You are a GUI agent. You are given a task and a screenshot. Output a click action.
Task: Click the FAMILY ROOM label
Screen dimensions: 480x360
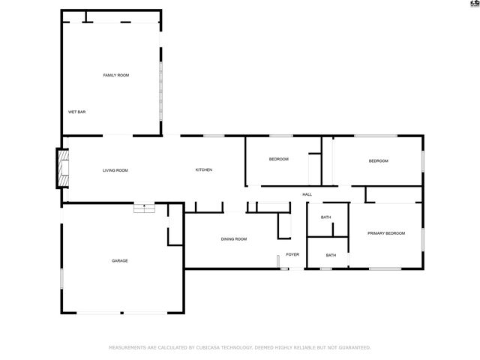(116, 75)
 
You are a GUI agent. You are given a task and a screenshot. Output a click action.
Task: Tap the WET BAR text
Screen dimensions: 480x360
(76, 112)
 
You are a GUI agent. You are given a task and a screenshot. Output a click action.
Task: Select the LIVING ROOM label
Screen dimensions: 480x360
(115, 170)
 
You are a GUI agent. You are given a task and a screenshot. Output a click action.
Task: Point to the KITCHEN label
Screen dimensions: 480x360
(204, 170)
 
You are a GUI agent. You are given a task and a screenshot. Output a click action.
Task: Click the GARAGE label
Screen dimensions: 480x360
(120, 261)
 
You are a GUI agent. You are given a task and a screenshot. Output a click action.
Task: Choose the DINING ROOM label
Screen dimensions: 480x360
(234, 239)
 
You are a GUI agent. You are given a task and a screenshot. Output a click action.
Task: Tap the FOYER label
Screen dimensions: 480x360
(292, 254)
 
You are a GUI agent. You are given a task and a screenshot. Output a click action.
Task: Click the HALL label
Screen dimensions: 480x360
(307, 194)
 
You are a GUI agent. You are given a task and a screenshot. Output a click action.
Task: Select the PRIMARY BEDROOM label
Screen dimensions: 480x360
(386, 233)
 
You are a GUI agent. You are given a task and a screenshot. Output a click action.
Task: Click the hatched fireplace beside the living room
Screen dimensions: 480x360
(63, 168)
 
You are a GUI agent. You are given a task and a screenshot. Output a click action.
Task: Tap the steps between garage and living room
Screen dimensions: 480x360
(144, 208)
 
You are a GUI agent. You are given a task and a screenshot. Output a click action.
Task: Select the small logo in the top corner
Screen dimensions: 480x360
(475, 3)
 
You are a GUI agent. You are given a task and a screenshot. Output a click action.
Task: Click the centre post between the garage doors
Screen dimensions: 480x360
(121, 313)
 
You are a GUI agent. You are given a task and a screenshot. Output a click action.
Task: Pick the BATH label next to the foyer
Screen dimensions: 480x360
(331, 255)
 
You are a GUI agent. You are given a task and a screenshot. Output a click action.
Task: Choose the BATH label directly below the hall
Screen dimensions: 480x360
(325, 217)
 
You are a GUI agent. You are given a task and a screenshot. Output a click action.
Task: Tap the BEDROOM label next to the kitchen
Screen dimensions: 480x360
(278, 159)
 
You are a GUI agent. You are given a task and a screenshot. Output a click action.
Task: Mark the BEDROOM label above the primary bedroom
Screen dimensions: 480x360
(378, 161)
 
